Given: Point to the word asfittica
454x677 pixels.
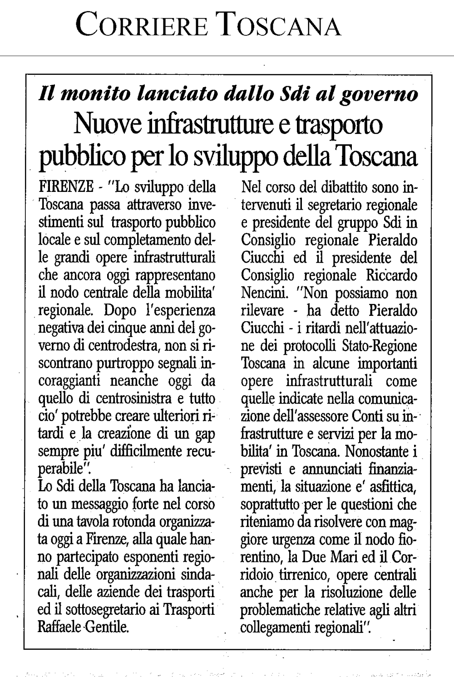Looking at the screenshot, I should pyautogui.click(x=391, y=487).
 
